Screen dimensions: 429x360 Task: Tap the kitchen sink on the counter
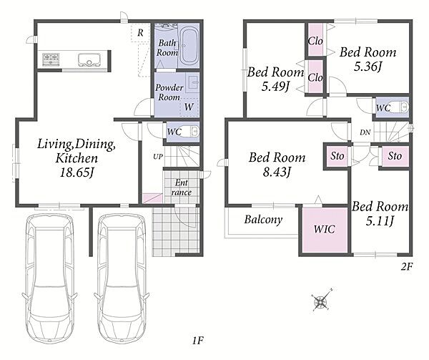[x=89, y=60]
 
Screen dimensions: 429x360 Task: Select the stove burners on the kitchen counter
[x=51, y=59]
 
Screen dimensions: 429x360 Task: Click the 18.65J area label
[x=77, y=172]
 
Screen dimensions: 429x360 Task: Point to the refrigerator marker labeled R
[x=140, y=33]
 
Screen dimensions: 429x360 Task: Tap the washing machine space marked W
[x=189, y=107]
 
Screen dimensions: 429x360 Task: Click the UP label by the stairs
[x=158, y=157]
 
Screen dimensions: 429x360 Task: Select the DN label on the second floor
[x=365, y=133]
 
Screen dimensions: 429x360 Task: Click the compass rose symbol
[x=321, y=301]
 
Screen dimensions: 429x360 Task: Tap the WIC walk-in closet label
[x=324, y=230]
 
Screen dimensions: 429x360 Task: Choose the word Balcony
[x=263, y=220]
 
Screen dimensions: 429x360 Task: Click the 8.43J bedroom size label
[x=277, y=172]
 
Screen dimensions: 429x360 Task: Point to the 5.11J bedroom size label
[x=380, y=221]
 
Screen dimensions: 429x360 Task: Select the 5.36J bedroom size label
[x=368, y=67]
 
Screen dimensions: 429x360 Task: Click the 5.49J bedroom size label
[x=275, y=87]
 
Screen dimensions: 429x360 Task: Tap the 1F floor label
[x=197, y=341]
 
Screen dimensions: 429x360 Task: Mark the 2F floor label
[x=407, y=266]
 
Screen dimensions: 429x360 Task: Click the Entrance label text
[x=181, y=188]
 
